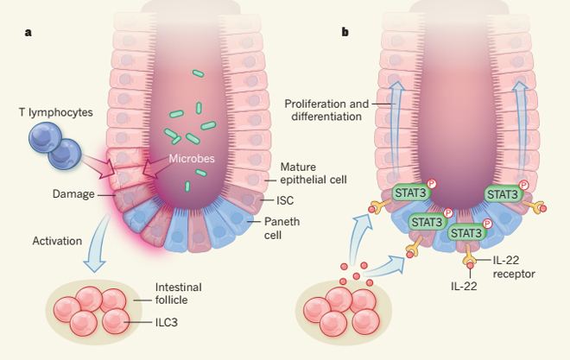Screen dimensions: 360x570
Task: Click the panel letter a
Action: coord(28,34)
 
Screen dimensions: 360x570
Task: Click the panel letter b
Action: coord(346,34)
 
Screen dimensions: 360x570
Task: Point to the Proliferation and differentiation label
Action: coord(325,111)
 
